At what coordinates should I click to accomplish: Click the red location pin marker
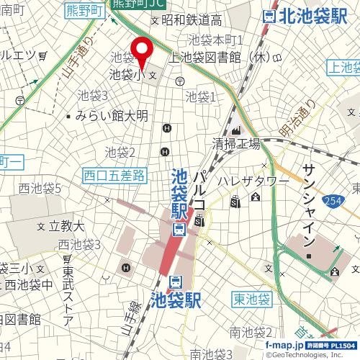[141, 50]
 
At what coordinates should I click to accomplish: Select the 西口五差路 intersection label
[114, 174]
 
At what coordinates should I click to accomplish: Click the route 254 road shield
[333, 200]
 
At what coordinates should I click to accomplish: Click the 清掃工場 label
[235, 143]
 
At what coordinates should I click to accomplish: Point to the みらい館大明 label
[111, 115]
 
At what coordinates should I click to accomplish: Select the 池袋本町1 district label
[216, 40]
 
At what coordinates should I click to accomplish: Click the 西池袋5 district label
[40, 189]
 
